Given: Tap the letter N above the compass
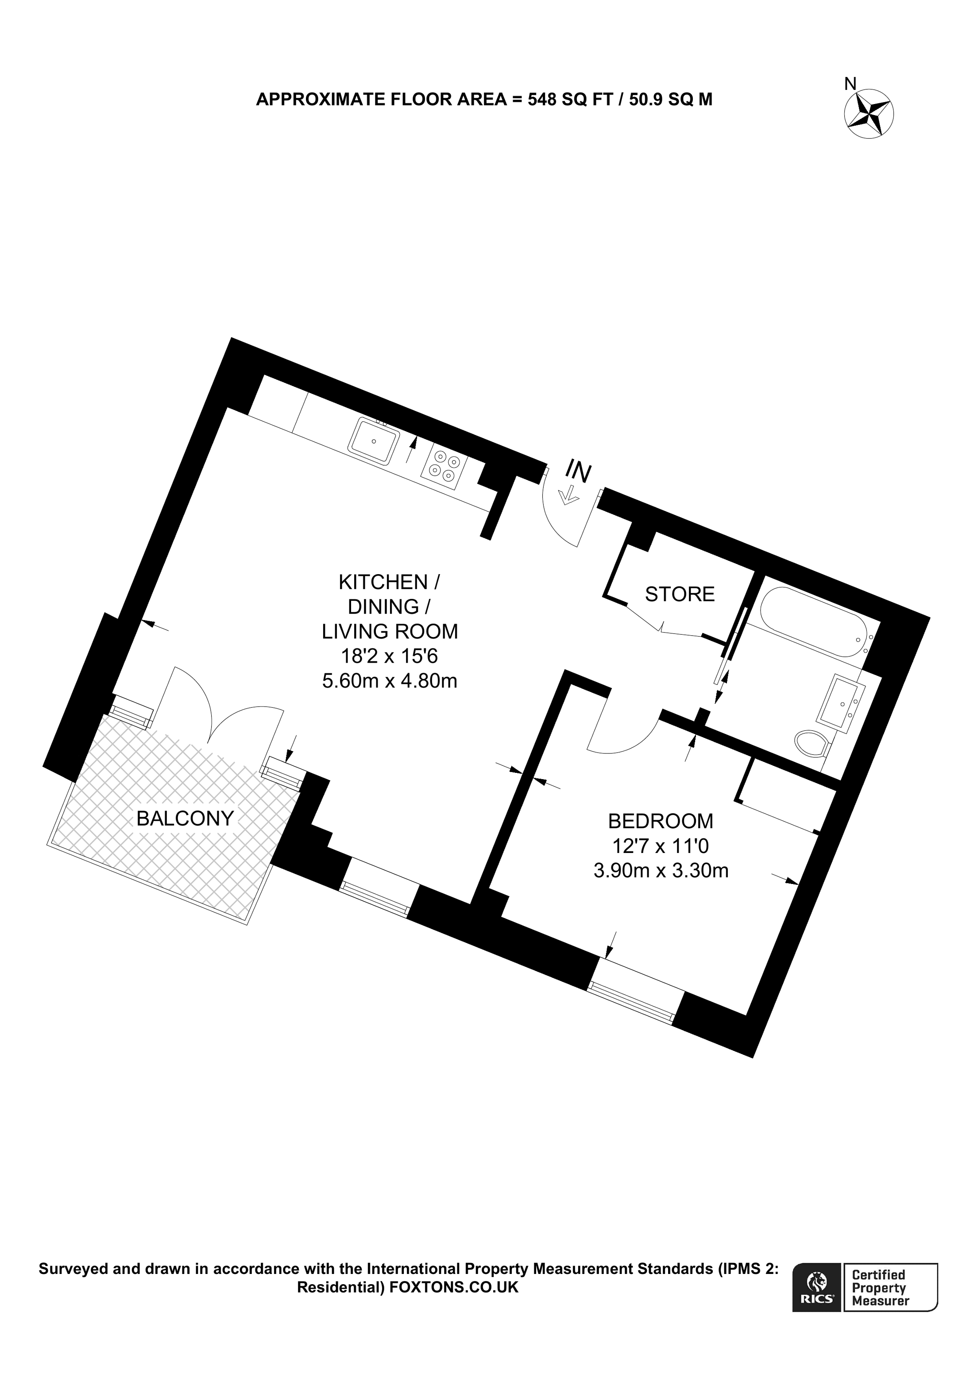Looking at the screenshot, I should click(850, 85).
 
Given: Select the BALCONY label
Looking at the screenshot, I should click(185, 818).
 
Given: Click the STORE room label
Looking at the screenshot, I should click(679, 594).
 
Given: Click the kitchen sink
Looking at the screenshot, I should click(373, 441).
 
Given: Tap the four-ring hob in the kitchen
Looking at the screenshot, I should click(444, 467).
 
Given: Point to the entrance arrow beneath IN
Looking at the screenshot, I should click(567, 496).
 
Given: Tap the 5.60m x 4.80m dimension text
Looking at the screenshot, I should click(390, 681).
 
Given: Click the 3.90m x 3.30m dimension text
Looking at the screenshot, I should click(661, 870).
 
